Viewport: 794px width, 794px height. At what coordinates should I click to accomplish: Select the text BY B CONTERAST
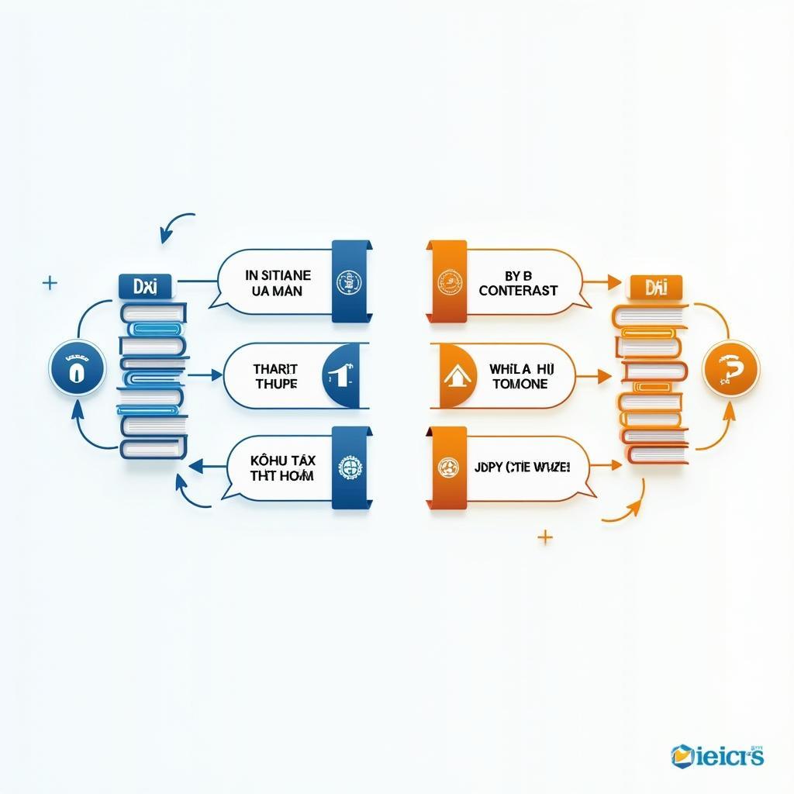pos(518,282)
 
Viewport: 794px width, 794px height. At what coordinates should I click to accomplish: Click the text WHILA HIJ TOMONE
pos(519,377)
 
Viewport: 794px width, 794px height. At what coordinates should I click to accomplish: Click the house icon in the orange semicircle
pos(456,377)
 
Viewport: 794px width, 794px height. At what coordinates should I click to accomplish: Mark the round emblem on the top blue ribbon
pos(346,281)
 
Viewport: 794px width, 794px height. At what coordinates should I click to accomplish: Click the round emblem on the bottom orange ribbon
pos(447,468)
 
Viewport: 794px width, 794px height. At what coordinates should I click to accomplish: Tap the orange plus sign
pos(545,536)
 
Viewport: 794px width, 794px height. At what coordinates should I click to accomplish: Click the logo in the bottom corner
pos(718,754)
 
